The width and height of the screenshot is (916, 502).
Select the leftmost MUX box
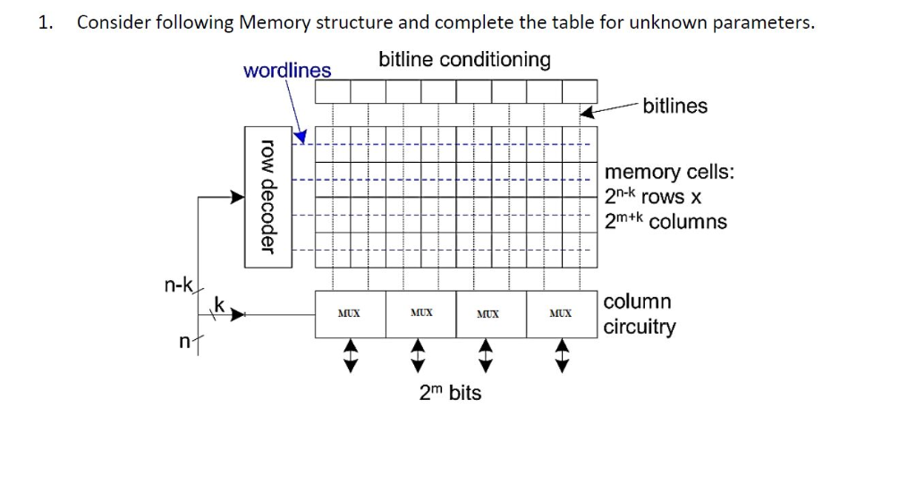click(x=350, y=314)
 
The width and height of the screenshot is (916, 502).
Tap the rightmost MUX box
click(x=561, y=314)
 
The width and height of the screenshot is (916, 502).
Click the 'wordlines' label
click(x=286, y=70)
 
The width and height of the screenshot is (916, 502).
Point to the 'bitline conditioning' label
click(x=464, y=60)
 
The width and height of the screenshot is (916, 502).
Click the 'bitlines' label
click(x=674, y=106)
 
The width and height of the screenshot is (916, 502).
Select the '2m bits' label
click(x=450, y=392)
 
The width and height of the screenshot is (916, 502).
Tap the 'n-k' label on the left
click(x=178, y=285)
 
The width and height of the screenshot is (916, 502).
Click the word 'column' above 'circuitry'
click(x=637, y=302)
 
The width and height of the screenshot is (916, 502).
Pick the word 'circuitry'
click(x=640, y=327)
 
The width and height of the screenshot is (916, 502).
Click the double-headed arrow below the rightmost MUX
click(x=561, y=354)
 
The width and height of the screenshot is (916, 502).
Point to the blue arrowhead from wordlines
click(x=301, y=136)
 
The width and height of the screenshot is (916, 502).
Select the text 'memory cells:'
click(x=669, y=172)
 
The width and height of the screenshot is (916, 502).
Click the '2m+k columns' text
click(x=666, y=221)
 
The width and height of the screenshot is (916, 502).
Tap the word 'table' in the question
click(x=574, y=23)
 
